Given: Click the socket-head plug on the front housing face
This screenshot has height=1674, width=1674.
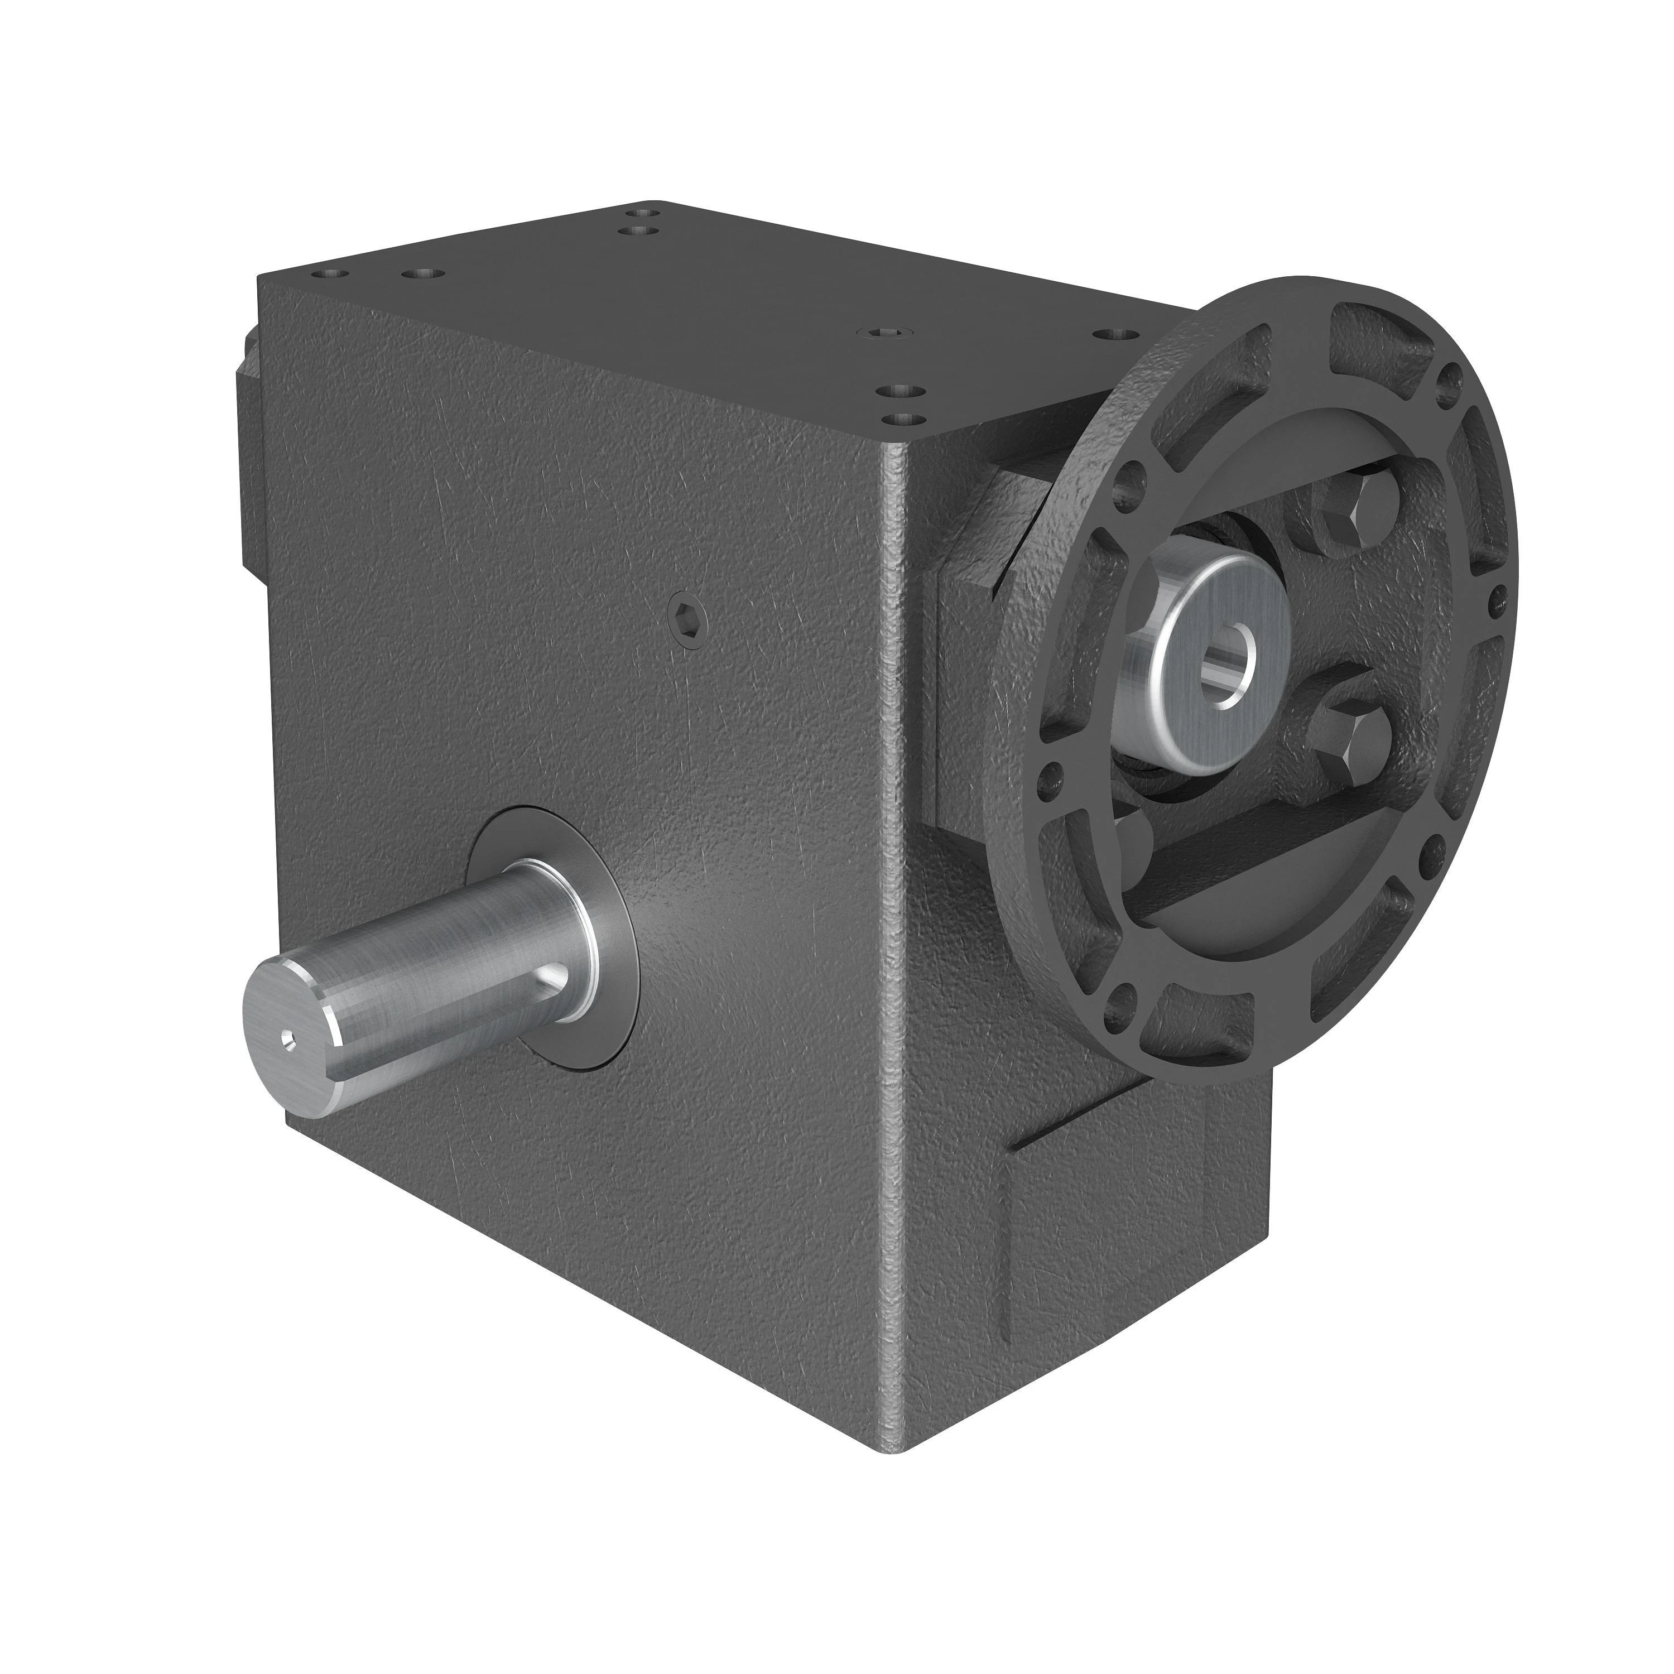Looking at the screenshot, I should (689, 615).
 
